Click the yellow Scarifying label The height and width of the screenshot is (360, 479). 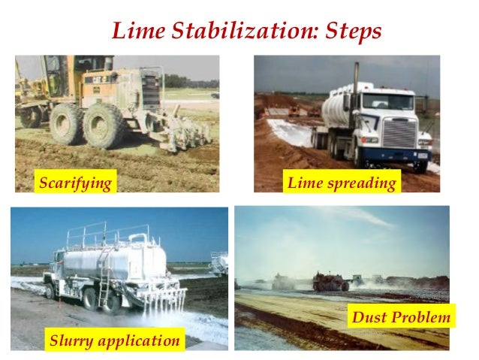click(75, 183)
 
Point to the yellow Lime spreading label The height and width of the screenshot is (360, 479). click(342, 183)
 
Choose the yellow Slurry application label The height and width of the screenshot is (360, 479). click(114, 340)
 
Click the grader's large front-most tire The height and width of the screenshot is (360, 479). click(104, 126)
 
